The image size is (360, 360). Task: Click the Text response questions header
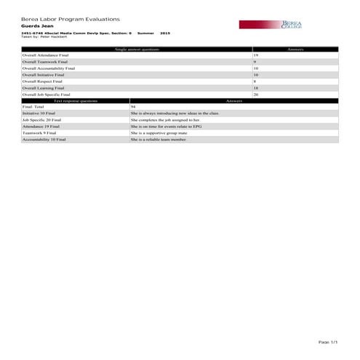[x=76, y=100]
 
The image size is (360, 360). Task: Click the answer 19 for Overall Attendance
[x=256, y=55]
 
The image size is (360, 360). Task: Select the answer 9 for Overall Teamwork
[x=255, y=62]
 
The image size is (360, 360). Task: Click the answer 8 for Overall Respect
[x=255, y=81]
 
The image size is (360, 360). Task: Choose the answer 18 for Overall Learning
[x=256, y=88]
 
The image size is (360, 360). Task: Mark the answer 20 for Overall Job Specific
[x=256, y=95]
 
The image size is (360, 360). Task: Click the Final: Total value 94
[x=133, y=107]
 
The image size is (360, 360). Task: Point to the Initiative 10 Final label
[x=39, y=113]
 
